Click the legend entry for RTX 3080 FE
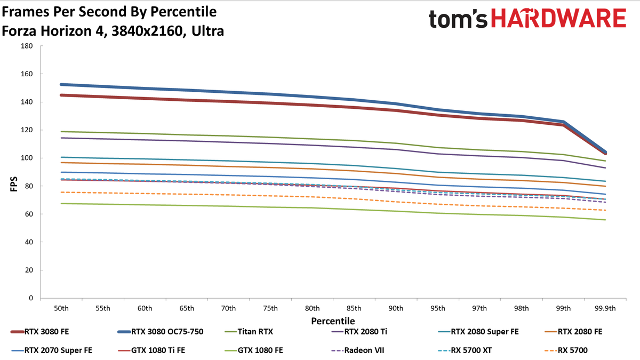click(39, 332)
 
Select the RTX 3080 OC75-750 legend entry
click(161, 332)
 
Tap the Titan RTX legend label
click(255, 332)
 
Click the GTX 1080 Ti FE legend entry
click(151, 350)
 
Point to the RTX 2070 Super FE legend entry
click(52, 350)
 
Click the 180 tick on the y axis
click(27, 46)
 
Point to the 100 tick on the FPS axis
click(27, 158)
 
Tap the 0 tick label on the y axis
click(31, 298)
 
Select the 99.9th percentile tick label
click(605, 309)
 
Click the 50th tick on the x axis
click(61, 309)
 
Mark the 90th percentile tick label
click(396, 309)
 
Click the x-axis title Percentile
click(333, 321)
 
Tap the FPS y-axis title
click(14, 184)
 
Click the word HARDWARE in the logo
click(558, 18)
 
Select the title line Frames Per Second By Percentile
click(109, 12)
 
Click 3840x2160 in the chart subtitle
click(147, 31)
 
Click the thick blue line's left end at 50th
click(61, 85)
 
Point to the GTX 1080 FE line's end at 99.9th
click(605, 220)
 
